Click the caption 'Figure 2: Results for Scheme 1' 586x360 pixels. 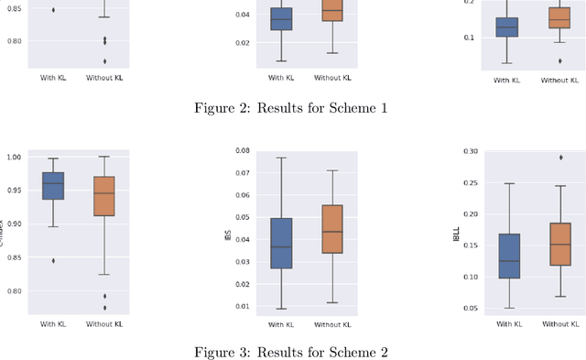point(291,108)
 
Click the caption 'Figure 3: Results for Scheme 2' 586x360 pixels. point(291,353)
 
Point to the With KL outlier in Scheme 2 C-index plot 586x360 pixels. point(53,260)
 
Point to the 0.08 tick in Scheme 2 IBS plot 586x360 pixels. point(243,151)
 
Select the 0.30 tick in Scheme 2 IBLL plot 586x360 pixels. point(468,152)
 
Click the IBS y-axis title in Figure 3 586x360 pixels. point(228,235)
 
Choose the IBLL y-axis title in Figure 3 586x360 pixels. point(455,235)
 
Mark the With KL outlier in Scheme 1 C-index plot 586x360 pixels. point(53,10)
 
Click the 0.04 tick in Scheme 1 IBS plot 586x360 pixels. point(243,15)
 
